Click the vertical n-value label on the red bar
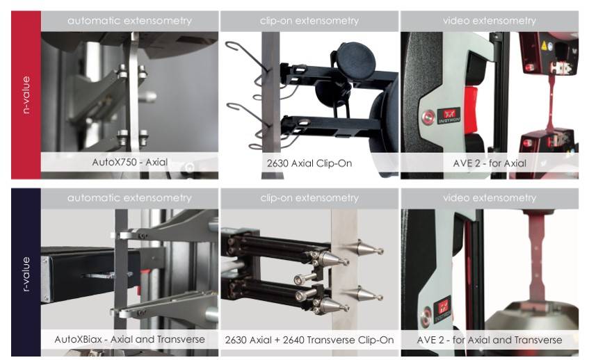[x=26, y=95]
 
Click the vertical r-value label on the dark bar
[x=26, y=274]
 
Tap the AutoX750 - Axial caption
[x=130, y=162]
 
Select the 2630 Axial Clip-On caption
[x=309, y=163]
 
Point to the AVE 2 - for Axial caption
[x=490, y=163]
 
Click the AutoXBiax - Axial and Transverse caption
[x=129, y=339]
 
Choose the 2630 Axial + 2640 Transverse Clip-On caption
[x=309, y=340]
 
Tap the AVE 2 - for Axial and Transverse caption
[x=490, y=340]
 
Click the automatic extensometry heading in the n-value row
[x=129, y=21]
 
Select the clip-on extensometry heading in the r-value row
[x=309, y=198]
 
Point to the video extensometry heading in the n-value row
[x=490, y=21]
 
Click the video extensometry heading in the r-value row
[x=490, y=198]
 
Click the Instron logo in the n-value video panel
[x=449, y=116]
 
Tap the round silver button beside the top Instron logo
[x=428, y=117]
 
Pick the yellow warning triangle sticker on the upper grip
[x=544, y=46]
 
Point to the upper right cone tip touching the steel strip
[x=381, y=250]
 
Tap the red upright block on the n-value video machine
[x=471, y=110]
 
